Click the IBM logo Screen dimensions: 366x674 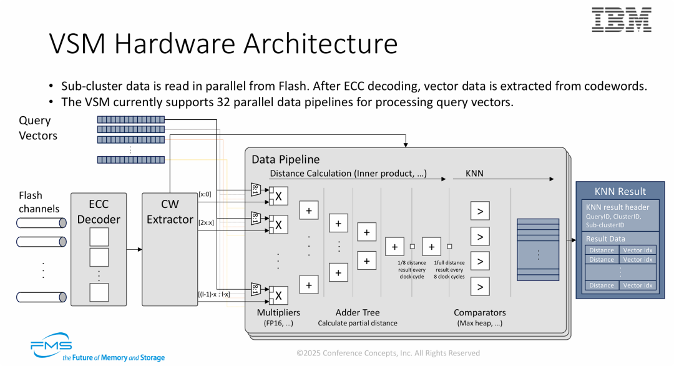click(621, 20)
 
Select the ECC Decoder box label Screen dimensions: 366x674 click(99, 212)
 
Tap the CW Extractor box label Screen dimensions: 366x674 click(170, 212)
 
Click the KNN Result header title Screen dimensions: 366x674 click(620, 191)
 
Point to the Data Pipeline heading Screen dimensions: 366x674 click(285, 159)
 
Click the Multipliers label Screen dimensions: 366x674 click(278, 312)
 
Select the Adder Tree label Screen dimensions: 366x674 click(357, 312)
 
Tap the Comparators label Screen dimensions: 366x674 click(479, 312)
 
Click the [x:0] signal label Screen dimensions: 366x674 click(205, 194)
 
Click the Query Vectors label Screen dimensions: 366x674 click(37, 128)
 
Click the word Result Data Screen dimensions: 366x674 click(605, 239)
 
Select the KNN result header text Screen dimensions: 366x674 click(617, 207)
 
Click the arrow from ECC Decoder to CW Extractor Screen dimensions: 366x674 click(134, 249)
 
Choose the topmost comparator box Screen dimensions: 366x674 click(479, 211)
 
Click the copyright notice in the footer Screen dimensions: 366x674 click(388, 353)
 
